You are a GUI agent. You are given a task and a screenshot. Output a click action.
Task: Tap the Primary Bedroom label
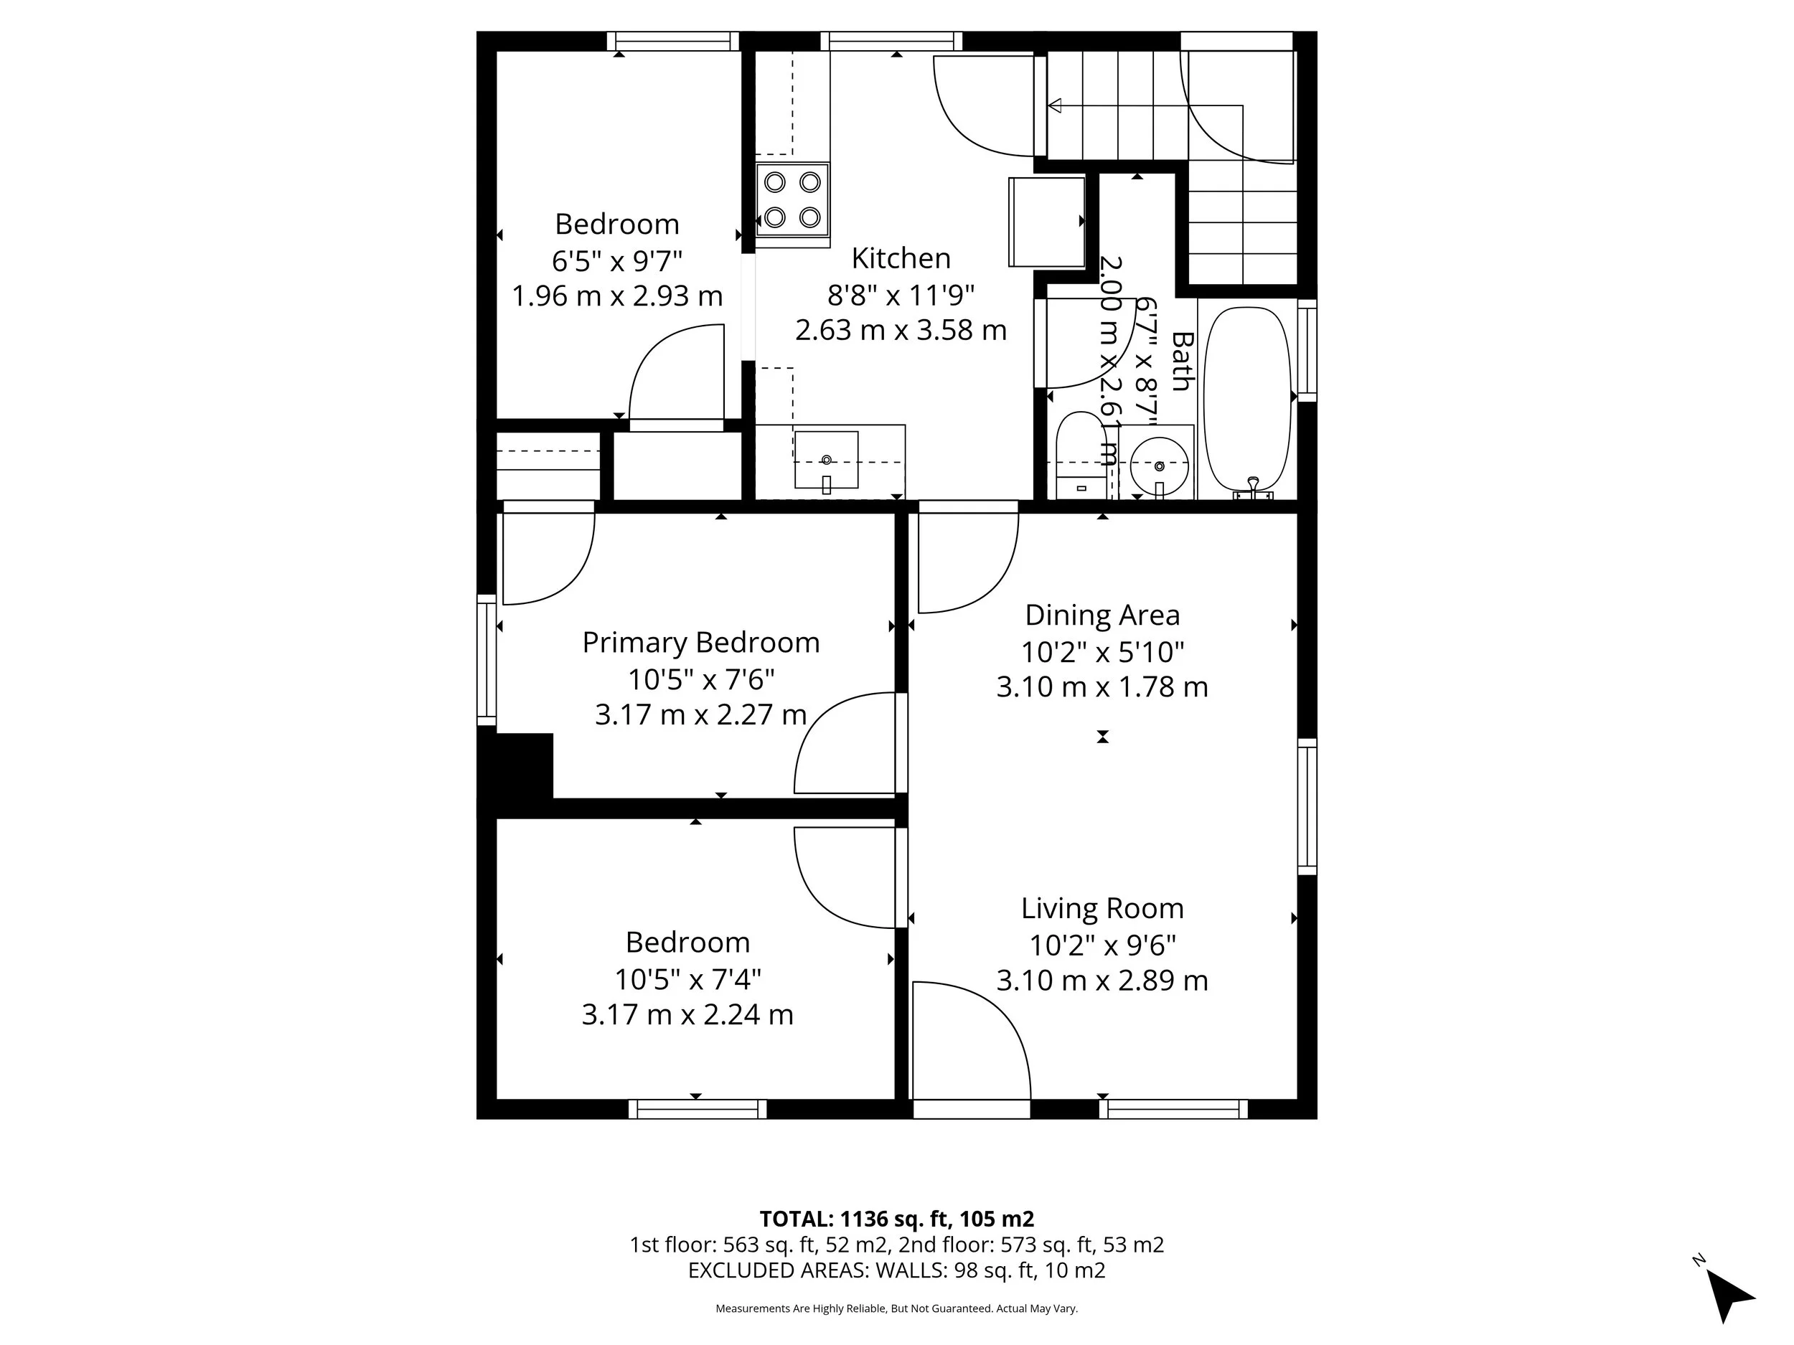(x=700, y=643)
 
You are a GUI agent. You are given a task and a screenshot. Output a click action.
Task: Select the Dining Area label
(x=1102, y=615)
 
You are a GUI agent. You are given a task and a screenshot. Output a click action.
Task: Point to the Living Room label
(x=1102, y=909)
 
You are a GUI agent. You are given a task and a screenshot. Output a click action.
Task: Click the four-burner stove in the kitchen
(x=792, y=200)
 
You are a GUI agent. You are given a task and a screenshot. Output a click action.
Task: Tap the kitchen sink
(x=826, y=460)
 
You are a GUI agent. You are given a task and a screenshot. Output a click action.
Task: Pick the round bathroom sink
(x=1159, y=466)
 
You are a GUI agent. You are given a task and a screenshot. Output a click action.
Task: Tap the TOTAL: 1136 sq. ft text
(x=896, y=1219)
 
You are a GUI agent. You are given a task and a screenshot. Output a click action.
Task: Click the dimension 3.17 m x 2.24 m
(x=687, y=1015)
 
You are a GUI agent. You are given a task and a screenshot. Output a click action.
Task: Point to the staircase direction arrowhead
(x=1055, y=105)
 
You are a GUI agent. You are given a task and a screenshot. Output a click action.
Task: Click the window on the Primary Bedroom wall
(x=486, y=659)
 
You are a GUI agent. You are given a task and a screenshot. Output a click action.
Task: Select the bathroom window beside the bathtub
(x=1307, y=350)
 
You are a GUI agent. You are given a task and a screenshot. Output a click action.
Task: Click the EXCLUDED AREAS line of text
(x=896, y=1270)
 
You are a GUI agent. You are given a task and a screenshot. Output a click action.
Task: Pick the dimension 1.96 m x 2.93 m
(x=616, y=296)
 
